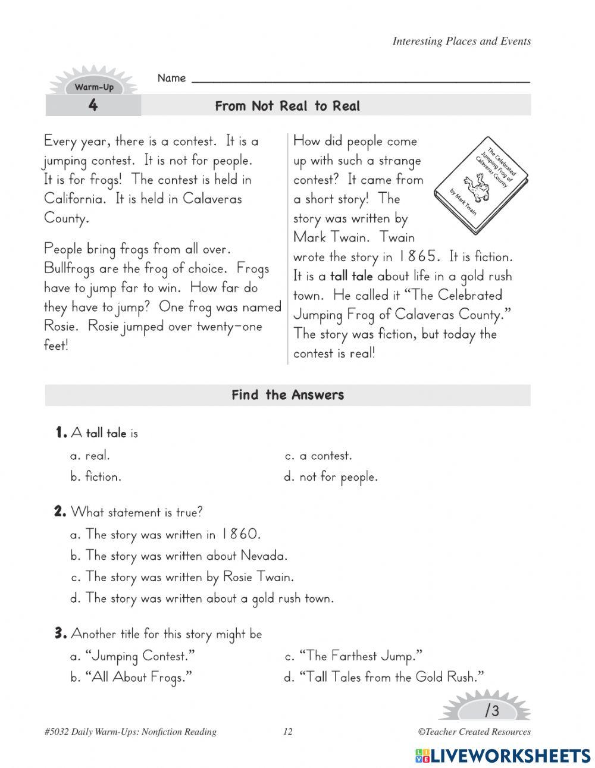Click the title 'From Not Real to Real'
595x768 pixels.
point(287,106)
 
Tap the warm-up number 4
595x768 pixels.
point(93,106)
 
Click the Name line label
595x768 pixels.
point(171,78)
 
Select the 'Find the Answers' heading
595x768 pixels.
point(287,395)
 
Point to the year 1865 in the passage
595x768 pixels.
point(419,256)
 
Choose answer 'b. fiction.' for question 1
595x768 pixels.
point(96,477)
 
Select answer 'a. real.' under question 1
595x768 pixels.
point(90,456)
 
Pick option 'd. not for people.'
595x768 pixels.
point(331,477)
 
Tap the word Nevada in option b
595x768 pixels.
point(264,556)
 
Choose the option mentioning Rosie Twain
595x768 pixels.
point(182,576)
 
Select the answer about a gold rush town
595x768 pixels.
point(202,598)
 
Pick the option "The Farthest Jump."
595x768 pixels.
point(353,656)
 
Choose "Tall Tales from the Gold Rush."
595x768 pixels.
point(384,677)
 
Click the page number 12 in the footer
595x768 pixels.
point(288,732)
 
